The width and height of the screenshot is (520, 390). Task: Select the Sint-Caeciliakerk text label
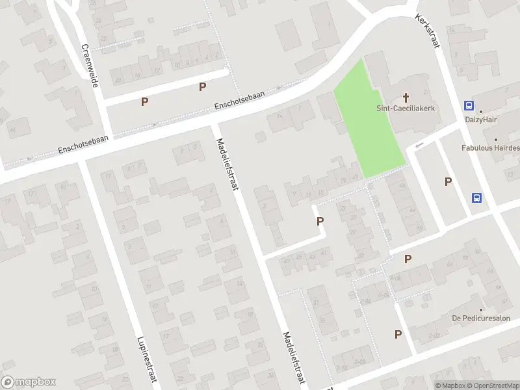406,109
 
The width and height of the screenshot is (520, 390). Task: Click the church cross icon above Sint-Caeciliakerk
406,97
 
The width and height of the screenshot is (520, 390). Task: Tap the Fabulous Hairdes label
491,148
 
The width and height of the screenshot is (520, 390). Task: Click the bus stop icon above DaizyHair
469,106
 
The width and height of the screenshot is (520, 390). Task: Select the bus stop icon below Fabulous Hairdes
477,198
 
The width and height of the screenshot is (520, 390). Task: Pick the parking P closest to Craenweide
144,101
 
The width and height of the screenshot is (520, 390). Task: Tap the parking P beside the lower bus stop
448,181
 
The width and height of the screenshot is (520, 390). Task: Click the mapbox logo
29,382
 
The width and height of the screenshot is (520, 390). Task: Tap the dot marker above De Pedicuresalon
482,310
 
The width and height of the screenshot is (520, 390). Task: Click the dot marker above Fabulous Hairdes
495,139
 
